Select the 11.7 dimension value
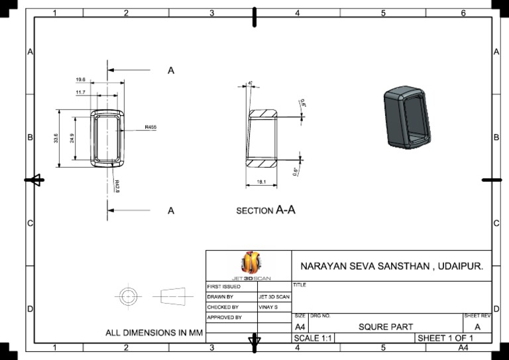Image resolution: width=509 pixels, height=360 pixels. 80,92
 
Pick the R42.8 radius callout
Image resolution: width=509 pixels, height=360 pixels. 117,186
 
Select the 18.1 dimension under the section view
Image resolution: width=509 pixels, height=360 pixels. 261,182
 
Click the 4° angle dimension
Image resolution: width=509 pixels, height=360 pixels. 250,83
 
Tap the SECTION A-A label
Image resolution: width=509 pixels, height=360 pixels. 266,210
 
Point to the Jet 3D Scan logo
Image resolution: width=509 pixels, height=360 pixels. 249,263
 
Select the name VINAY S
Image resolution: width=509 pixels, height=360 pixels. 268,308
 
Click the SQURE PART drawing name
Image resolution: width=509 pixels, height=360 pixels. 386,327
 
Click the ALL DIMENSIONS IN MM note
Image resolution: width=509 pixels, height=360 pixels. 154,333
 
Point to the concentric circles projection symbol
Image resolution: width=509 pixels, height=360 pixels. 127,295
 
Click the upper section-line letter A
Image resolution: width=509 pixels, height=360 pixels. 171,70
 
